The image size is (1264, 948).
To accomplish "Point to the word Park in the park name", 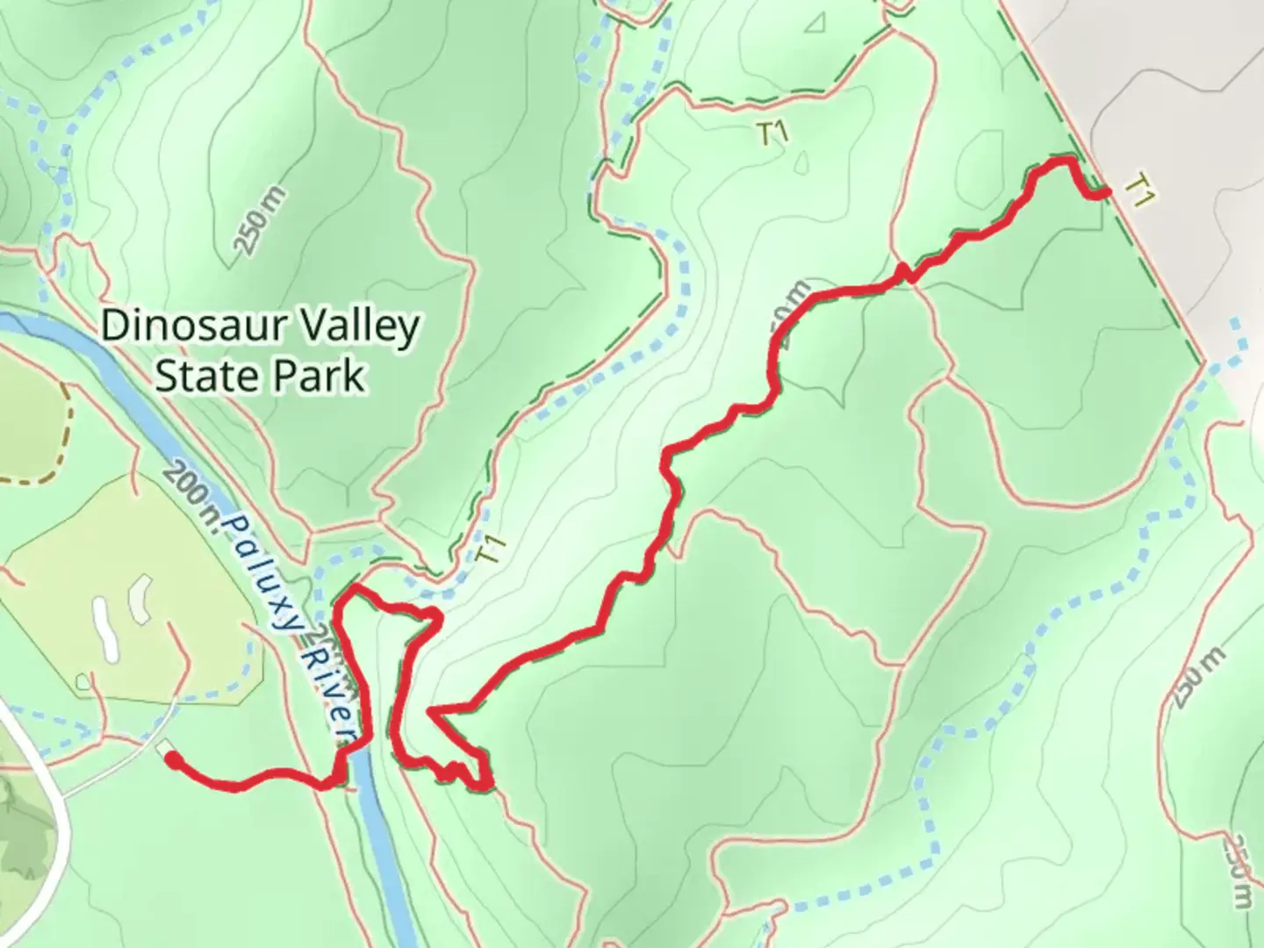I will (x=319, y=376).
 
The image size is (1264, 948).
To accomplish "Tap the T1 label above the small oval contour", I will (x=773, y=133).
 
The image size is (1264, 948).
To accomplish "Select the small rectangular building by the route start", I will (x=163, y=747).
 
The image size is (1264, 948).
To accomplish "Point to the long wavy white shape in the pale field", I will (x=104, y=627).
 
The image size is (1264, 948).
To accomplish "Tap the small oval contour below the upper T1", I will (x=801, y=164).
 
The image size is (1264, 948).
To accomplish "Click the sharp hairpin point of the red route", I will (x=430, y=709).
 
